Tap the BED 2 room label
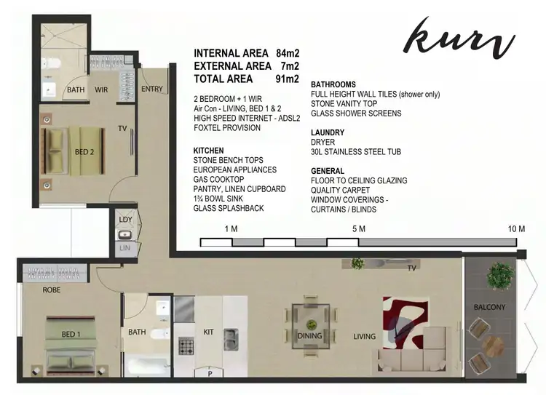click(84, 152)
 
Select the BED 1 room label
click(71, 334)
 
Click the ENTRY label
click(152, 89)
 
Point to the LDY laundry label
click(124, 219)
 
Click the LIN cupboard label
click(124, 249)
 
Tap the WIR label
click(101, 90)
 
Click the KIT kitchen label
click(208, 332)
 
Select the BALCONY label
click(489, 307)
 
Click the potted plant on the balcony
click(500, 276)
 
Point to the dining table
click(312, 324)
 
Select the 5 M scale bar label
click(358, 229)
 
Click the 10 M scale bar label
click(516, 229)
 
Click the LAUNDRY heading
click(327, 132)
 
